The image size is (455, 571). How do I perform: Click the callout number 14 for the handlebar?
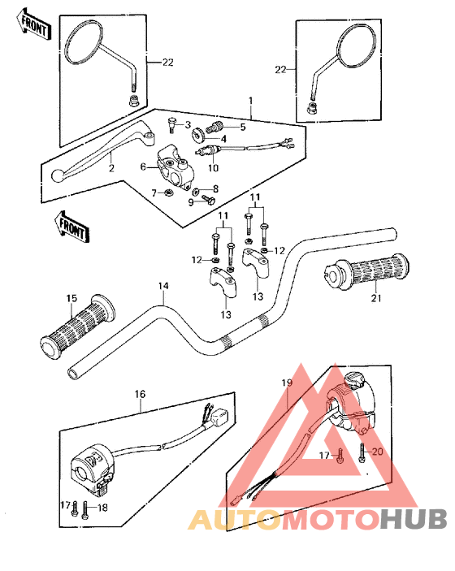163,286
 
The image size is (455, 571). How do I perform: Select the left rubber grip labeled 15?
78,327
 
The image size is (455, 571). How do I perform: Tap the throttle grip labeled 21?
366,271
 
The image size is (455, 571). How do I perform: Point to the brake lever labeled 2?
104,153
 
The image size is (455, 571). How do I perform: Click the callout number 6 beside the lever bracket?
143,167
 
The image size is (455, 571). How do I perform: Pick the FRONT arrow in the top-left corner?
34,26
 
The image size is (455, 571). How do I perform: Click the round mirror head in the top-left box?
84,43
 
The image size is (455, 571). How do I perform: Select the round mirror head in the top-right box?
356,47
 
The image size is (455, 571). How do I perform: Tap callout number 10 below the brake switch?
213,168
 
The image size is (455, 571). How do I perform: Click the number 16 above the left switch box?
140,395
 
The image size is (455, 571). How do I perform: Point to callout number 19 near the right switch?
287,383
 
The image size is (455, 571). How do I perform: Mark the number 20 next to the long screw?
377,452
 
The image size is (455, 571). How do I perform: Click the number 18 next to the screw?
102,508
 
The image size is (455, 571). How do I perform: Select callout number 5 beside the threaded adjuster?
243,127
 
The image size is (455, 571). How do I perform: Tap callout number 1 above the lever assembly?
250,100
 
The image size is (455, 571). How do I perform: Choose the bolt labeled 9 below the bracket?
209,199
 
